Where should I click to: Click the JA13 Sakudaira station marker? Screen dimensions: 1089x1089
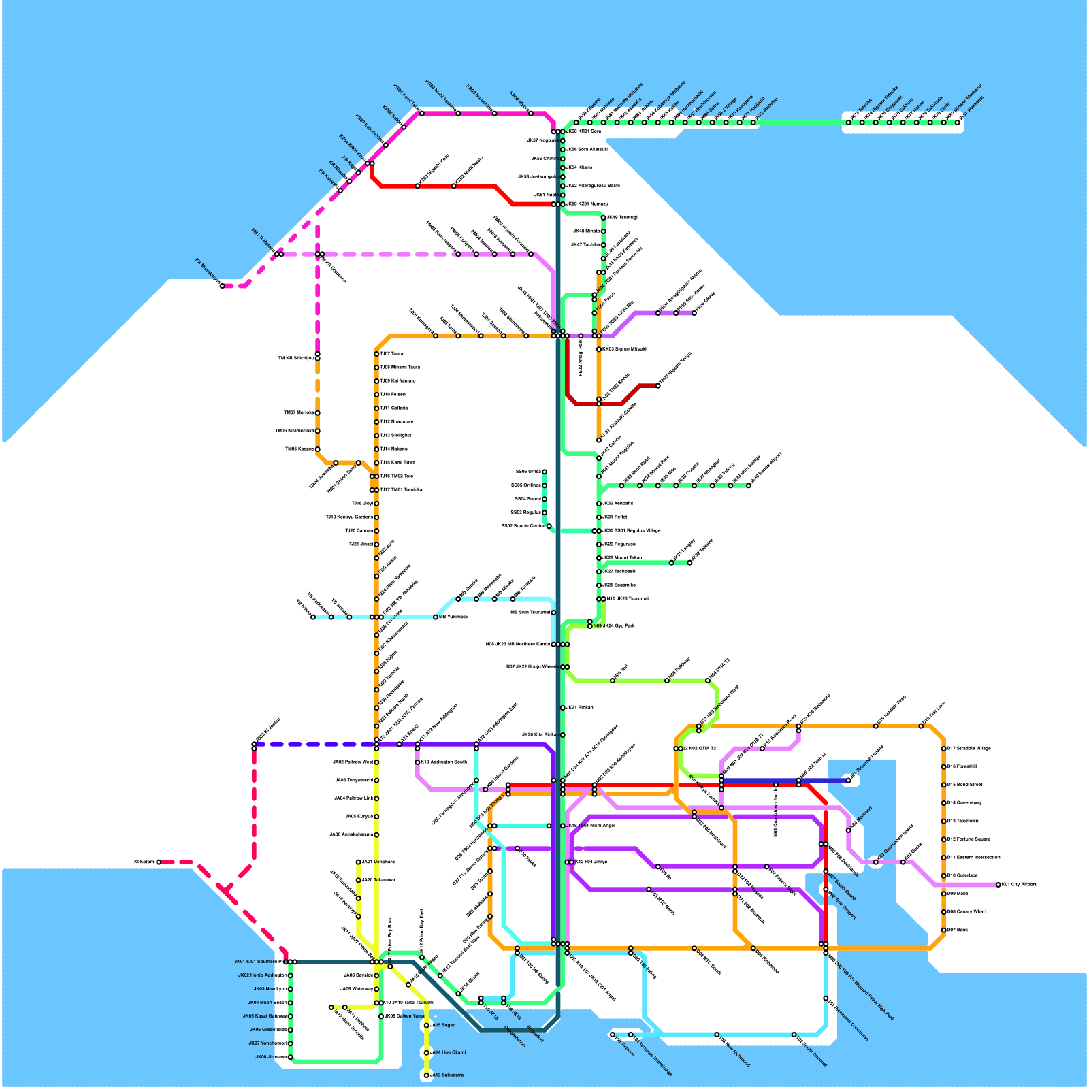coord(427,1075)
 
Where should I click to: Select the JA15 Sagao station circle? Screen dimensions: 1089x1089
coord(427,1025)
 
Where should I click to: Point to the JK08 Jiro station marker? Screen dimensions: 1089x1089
coord(291,1057)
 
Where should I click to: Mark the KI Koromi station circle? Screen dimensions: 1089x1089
coord(159,862)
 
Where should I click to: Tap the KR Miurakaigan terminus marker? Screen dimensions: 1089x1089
coord(222,286)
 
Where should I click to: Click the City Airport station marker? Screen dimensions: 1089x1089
coord(998,885)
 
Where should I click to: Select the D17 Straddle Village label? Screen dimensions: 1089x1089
coord(969,749)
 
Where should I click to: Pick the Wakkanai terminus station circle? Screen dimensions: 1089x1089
coord(958,123)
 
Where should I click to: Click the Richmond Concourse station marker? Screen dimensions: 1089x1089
coord(826,998)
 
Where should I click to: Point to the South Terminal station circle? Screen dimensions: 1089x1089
coord(794,1035)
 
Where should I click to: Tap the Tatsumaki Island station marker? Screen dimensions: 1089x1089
coord(849,781)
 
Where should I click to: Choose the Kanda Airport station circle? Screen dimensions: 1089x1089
coord(749,485)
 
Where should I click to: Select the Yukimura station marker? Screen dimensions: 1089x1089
coord(436,617)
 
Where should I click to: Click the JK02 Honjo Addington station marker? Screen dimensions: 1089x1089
coord(291,975)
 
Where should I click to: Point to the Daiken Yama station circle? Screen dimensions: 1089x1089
coord(381,1016)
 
